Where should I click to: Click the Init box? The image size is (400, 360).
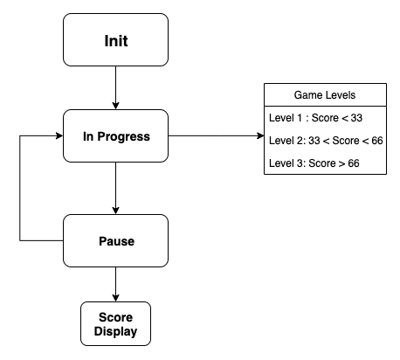tap(115, 39)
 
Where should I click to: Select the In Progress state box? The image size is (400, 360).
tap(115, 135)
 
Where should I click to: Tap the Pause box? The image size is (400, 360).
tap(115, 240)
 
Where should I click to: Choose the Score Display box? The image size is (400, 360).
tap(115, 323)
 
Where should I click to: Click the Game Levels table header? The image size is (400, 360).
tap(325, 94)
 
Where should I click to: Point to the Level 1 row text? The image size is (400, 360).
tap(315, 118)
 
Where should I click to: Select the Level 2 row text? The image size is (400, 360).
tap(326, 141)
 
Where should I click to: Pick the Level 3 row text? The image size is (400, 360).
tap(314, 163)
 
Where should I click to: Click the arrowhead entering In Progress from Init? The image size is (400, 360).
tap(115, 106)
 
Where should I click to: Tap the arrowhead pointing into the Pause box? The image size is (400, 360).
tap(115, 211)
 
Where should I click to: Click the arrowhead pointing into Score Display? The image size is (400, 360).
tap(115, 298)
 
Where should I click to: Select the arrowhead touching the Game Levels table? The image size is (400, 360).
tap(260, 135)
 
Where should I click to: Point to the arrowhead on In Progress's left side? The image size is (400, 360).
tap(59, 135)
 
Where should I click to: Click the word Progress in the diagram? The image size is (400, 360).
tap(123, 136)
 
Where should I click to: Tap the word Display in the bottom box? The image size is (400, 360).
tap(115, 332)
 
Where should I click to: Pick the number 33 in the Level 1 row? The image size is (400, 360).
tap(356, 118)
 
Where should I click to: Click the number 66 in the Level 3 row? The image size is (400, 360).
tap(354, 163)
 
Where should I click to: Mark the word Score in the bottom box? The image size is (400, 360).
tap(115, 317)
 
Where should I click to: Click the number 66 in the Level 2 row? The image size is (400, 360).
tap(377, 141)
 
